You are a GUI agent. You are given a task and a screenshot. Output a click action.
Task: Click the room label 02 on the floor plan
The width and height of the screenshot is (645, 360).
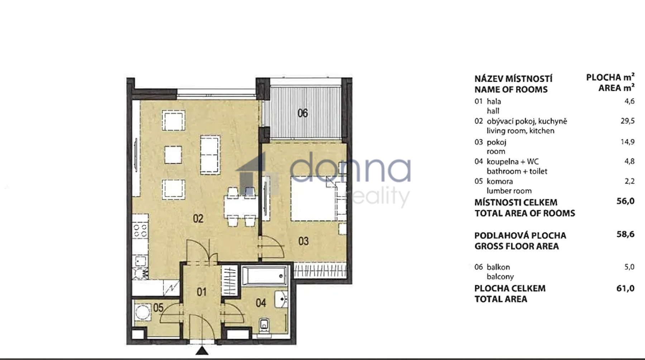198,219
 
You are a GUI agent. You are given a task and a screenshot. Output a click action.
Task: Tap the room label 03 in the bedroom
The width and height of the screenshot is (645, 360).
304,241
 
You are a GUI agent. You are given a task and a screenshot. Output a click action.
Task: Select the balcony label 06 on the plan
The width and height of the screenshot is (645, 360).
303,113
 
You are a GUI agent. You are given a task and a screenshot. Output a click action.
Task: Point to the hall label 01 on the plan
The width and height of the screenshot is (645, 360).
202,292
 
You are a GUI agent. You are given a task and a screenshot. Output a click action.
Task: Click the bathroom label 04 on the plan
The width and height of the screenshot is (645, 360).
261,303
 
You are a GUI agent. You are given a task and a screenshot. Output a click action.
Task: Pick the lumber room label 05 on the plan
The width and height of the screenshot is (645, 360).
158,307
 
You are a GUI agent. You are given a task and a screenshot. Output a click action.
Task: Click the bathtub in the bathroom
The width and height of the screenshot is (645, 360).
264,275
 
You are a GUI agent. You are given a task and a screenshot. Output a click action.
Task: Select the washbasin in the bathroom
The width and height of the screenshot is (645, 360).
281,299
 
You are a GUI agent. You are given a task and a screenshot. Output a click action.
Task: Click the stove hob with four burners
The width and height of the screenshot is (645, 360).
140,230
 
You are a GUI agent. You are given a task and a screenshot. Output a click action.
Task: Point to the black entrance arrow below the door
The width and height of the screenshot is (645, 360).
202,350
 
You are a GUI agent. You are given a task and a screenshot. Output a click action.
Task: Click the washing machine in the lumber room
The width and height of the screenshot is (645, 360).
143,312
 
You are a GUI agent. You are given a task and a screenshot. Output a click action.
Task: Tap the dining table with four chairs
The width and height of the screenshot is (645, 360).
240,207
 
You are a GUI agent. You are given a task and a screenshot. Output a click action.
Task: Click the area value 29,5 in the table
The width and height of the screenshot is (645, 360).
627,121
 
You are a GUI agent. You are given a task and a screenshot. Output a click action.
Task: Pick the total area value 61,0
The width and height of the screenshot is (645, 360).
625,288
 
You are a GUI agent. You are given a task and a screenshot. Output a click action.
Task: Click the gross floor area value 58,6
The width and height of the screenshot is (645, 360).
625,234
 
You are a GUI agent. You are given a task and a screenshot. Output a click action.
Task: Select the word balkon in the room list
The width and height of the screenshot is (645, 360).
498,267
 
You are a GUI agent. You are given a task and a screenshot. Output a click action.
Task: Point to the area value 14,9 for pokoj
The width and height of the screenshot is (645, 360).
627,142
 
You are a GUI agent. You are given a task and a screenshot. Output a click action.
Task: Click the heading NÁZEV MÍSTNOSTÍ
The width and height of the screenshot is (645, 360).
513,78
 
